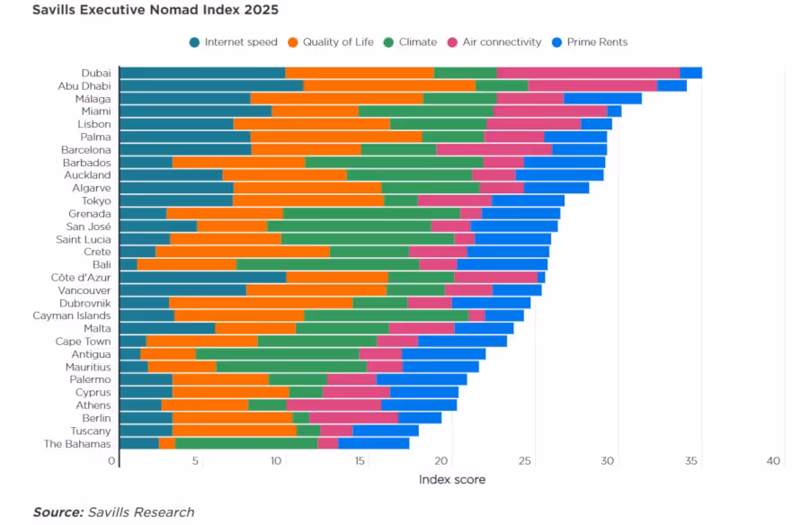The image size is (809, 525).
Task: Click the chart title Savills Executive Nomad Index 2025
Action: [156, 11]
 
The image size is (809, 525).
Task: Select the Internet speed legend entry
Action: [240, 42]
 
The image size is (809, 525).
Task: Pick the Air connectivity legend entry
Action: [501, 42]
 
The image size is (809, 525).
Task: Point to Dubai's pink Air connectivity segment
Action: [588, 73]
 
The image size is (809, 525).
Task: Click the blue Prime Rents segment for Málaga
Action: [602, 98]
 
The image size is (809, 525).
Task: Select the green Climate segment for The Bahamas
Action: [246, 443]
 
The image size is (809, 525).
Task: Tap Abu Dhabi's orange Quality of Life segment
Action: [389, 85]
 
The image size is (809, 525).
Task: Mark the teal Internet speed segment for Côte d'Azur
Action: [202, 277]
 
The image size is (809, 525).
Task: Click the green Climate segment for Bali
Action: [327, 264]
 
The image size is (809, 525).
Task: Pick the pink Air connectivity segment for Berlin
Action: [353, 417]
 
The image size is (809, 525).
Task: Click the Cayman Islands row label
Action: [72, 316]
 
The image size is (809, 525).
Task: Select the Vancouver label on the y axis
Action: [84, 290]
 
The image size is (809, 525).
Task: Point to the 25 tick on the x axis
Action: [527, 461]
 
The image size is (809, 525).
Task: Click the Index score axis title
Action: [451, 480]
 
